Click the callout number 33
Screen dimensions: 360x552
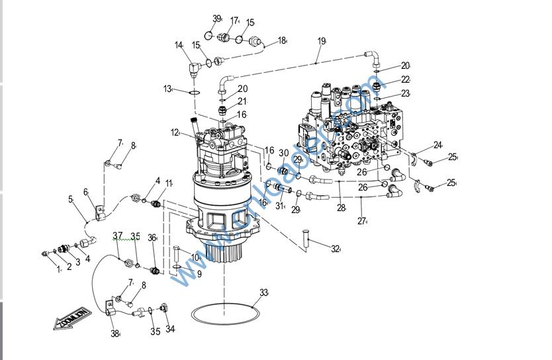point(264,292)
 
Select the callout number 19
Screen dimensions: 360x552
point(322,41)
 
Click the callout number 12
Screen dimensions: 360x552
point(175,132)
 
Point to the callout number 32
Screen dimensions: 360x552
point(335,249)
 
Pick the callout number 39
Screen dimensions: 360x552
point(216,19)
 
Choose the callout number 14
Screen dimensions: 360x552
point(179,46)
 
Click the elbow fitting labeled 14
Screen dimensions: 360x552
point(194,67)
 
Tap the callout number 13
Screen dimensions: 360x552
point(167,88)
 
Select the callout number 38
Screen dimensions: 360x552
point(115,334)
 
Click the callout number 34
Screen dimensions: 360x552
point(170,329)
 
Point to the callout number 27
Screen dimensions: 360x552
point(362,221)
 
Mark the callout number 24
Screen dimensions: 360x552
point(437,145)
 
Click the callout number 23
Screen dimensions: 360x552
point(405,93)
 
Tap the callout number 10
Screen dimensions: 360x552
point(195,257)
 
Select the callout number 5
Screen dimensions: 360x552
point(71,199)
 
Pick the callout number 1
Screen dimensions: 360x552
point(58,268)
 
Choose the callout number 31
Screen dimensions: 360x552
point(279,206)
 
